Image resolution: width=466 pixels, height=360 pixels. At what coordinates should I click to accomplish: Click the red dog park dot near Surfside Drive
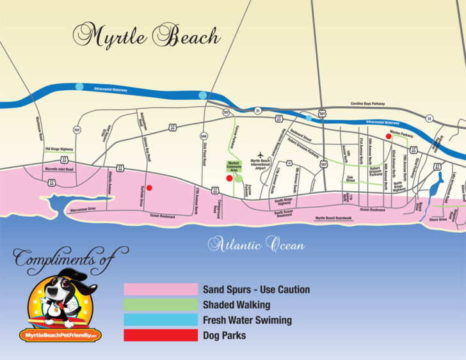click(x=149, y=187)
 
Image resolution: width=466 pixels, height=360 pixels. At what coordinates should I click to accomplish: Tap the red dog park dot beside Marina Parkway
click(x=389, y=136)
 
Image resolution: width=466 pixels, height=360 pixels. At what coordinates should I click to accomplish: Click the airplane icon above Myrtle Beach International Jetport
click(x=260, y=154)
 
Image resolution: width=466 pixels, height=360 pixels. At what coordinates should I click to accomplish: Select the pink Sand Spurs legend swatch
click(x=161, y=290)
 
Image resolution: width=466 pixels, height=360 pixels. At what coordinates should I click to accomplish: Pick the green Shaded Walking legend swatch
click(x=161, y=305)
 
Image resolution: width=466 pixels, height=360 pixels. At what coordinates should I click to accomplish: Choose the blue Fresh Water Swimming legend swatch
click(x=161, y=320)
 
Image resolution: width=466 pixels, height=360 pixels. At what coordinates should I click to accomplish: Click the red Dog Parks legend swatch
click(x=161, y=335)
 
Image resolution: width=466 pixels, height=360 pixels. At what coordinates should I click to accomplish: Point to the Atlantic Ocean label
click(x=257, y=244)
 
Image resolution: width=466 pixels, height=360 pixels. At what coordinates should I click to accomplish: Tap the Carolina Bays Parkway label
click(x=367, y=104)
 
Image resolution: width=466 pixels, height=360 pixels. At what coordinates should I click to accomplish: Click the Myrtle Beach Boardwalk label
click(x=333, y=218)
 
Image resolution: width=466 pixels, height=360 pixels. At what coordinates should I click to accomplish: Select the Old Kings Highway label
click(x=59, y=149)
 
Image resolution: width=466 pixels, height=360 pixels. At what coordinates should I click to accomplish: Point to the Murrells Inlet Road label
click(x=59, y=169)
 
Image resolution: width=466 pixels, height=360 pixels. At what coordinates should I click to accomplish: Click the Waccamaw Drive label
click(x=83, y=209)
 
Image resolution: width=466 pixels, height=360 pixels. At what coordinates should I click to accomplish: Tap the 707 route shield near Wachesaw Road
click(x=77, y=130)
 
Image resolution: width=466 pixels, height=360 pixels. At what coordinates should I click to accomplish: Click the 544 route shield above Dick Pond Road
click(x=204, y=136)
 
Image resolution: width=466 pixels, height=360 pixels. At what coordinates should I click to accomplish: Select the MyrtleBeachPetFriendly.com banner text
click(x=61, y=335)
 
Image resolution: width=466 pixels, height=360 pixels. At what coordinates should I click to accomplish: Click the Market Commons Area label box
click(x=234, y=166)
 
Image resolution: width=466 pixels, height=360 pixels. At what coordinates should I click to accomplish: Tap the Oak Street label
click(x=350, y=178)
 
